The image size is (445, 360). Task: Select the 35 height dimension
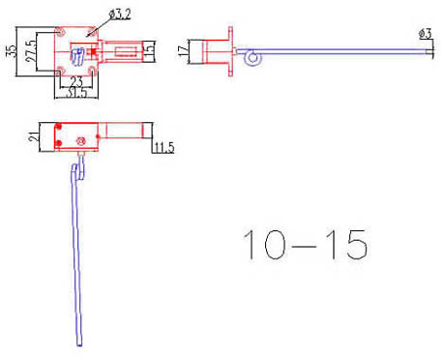pyautogui.click(x=11, y=50)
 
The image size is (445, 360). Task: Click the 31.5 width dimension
pyautogui.click(x=77, y=95)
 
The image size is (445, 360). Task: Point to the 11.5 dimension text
pyautogui.click(x=163, y=147)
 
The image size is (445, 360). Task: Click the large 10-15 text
pyautogui.click(x=305, y=245)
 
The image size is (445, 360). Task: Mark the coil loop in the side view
pyautogui.click(x=252, y=59)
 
